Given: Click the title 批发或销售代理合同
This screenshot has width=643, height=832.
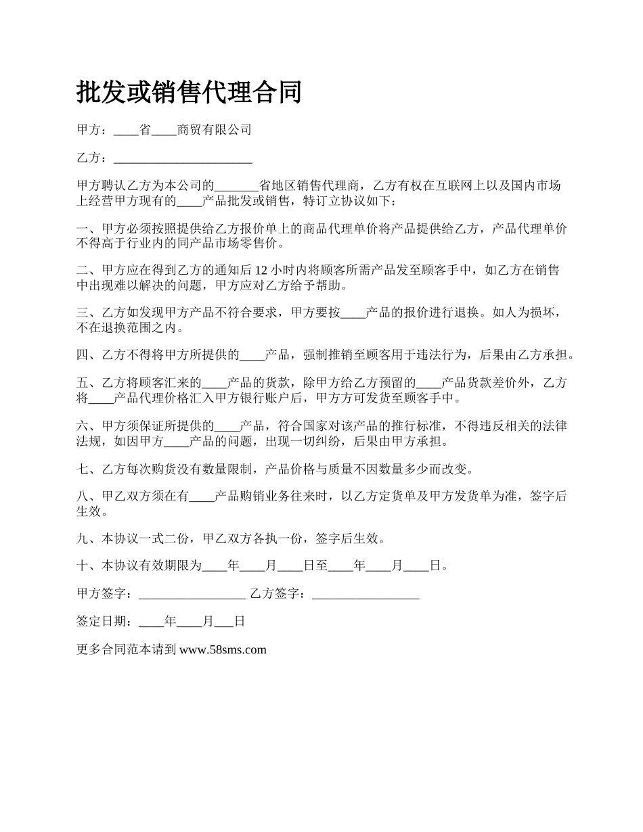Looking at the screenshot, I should tap(189, 93).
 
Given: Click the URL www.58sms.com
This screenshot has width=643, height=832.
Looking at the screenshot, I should tap(223, 650).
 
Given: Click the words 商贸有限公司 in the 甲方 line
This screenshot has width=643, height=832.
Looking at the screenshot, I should tap(214, 129).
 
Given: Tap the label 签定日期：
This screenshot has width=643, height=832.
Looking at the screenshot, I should tap(108, 622).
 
